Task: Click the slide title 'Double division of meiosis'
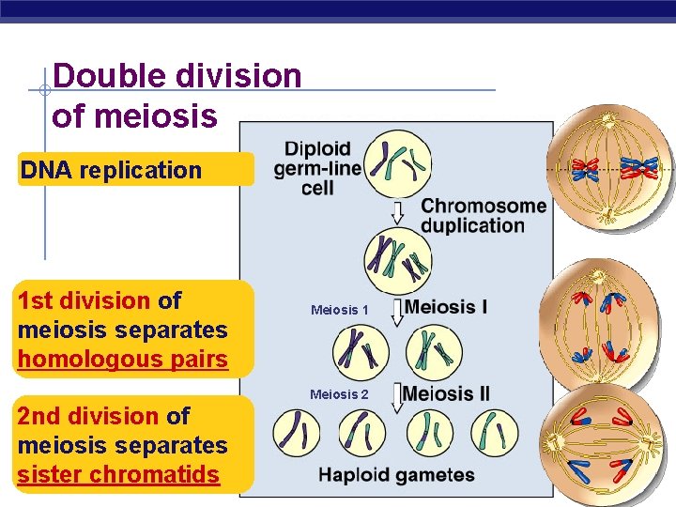coord(177,96)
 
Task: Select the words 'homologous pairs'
coord(123,360)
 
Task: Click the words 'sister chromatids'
coord(118,475)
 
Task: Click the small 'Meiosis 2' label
coord(340,394)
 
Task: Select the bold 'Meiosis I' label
coord(446,308)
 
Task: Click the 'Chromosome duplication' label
coord(484,216)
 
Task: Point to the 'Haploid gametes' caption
coord(396,475)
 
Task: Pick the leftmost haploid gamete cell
coord(297,433)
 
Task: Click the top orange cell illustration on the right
coord(609,169)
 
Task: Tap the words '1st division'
coord(84,301)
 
